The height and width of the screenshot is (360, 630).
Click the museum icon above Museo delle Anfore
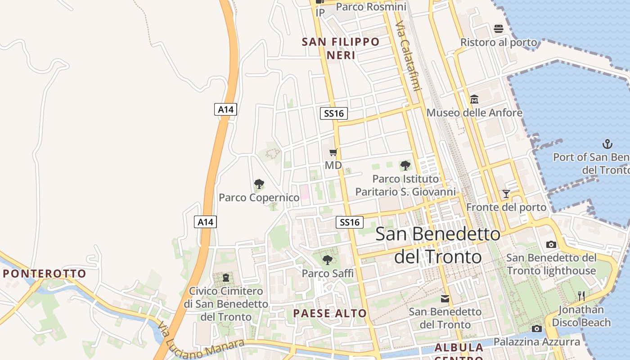474,99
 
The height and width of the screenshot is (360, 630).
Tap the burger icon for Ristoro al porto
498,29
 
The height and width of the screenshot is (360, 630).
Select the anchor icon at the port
607,144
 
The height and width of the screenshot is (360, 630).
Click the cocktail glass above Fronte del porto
506,194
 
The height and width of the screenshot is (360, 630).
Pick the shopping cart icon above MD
333,153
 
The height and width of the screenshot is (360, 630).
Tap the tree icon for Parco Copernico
259,184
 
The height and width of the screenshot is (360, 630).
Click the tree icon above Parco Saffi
328,260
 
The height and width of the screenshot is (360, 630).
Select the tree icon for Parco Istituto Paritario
405,166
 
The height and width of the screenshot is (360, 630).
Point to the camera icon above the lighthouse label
551,245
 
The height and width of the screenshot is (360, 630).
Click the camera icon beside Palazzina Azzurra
536,329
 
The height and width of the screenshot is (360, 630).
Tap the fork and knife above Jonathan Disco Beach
581,296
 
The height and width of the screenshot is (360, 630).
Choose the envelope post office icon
445,299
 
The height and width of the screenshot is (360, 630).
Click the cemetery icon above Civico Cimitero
225,278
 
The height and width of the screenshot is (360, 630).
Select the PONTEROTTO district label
45,274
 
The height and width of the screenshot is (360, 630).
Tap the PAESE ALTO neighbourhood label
330,313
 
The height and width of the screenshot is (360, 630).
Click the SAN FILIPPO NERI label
341,49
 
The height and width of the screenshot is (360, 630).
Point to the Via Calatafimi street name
408,56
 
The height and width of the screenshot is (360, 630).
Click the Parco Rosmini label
371,7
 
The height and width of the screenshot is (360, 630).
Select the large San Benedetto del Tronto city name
438,245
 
